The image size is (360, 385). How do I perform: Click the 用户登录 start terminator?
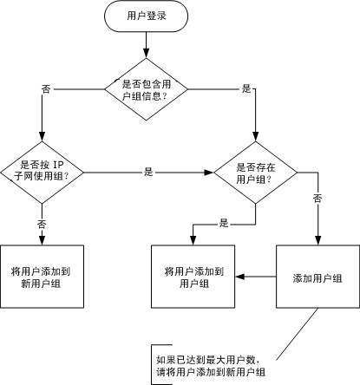click(146, 16)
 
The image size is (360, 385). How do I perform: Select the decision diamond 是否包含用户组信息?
click(146, 88)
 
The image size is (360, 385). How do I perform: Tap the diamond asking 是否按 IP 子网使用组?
click(43, 170)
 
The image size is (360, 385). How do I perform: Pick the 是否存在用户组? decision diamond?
click(254, 173)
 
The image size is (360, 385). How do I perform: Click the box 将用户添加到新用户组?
click(42, 277)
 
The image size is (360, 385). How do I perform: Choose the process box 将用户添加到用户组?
click(193, 277)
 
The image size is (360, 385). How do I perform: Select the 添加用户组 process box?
click(317, 277)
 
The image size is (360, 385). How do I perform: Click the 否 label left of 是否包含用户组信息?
click(46, 88)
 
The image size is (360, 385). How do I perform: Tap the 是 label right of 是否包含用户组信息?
click(245, 88)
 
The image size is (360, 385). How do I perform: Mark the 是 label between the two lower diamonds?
click(148, 173)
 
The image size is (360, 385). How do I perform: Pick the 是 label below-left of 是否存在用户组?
click(224, 224)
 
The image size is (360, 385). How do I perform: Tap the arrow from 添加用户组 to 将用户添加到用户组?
click(256, 277)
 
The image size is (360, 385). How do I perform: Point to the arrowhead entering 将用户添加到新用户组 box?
click(42, 240)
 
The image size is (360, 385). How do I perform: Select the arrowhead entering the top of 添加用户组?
click(317, 240)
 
